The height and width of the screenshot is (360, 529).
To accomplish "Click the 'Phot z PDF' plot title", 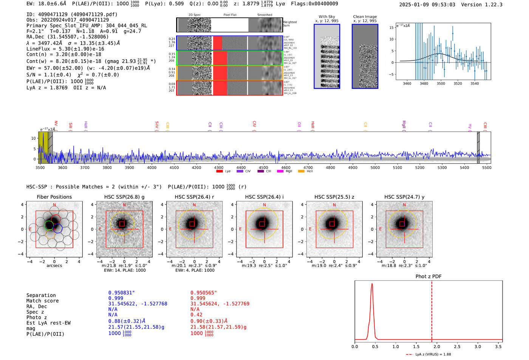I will point(428,277).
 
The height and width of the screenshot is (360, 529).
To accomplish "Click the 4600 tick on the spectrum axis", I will point(286,167).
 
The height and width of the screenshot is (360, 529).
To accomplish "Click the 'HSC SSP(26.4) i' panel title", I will point(264,197).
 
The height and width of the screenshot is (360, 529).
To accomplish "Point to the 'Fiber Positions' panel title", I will point(54,197).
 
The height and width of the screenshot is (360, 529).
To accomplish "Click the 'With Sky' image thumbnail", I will point(327,56).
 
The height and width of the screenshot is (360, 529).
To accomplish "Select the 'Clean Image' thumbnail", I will point(365,56).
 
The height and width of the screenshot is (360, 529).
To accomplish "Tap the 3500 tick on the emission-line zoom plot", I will point(441,83).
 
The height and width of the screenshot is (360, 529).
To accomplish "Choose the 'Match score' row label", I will point(42,301).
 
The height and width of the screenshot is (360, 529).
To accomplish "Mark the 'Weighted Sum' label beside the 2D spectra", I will point(290,24).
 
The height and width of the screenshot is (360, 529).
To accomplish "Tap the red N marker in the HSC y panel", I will point(404,205).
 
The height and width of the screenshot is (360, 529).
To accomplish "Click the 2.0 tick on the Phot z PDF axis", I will point(437,346).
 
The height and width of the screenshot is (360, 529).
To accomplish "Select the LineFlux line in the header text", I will point(65,49).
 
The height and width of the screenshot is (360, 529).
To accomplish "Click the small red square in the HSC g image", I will point(122,224).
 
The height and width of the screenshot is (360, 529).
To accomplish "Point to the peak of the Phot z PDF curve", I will point(372,284).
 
